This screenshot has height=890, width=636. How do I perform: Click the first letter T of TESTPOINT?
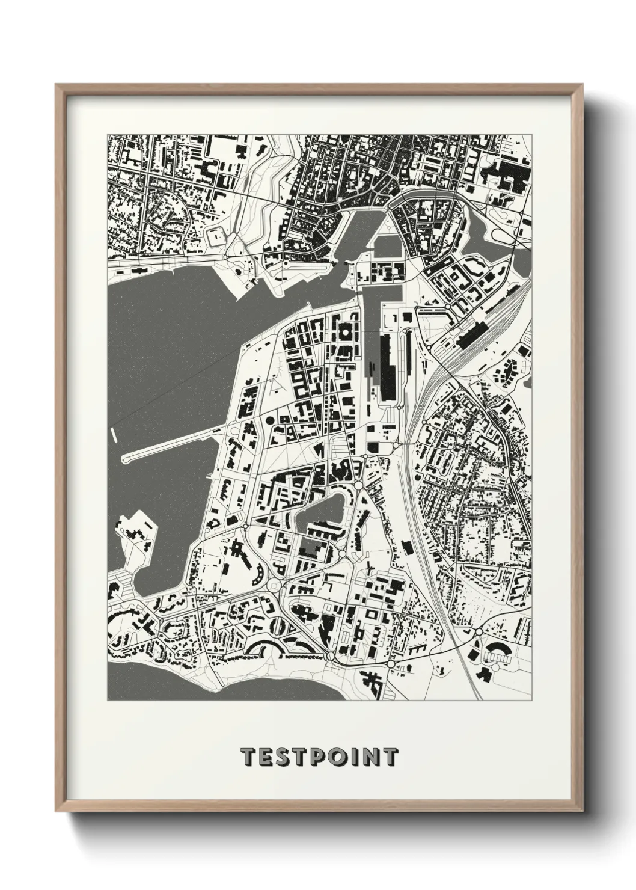(248, 757)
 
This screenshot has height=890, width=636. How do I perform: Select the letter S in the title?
(283, 757)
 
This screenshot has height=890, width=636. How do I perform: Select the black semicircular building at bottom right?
(498, 650)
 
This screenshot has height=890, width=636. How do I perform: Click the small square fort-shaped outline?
(215, 238)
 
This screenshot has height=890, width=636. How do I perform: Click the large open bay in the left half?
(174, 349)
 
